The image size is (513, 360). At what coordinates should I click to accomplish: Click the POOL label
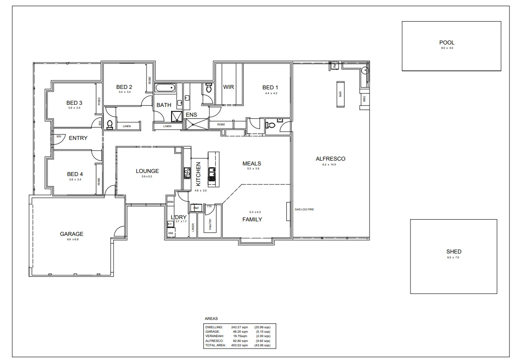(447, 43)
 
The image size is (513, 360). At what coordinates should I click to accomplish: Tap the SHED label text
(454, 252)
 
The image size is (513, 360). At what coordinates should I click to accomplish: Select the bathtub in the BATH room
(165, 88)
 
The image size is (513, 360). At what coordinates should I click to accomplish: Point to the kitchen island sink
(212, 174)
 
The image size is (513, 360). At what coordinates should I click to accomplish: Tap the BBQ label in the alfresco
(364, 99)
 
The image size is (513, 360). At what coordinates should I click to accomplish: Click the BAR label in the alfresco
(340, 94)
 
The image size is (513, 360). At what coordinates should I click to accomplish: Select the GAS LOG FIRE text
(304, 209)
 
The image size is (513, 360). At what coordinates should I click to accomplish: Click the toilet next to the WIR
(209, 88)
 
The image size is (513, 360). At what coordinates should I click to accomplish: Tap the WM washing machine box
(170, 233)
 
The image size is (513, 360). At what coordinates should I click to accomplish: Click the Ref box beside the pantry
(196, 208)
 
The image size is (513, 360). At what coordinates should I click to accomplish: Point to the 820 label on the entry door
(59, 136)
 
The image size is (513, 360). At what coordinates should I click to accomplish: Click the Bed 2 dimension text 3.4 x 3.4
(124, 92)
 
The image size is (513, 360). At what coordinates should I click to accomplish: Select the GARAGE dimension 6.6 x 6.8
(72, 239)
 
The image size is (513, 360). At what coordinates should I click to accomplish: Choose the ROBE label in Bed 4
(99, 181)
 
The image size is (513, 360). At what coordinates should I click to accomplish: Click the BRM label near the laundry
(170, 202)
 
